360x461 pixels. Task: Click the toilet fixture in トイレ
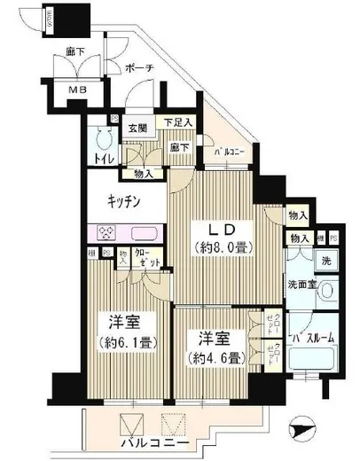click(101, 138)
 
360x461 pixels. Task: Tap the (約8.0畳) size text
click(216, 249)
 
